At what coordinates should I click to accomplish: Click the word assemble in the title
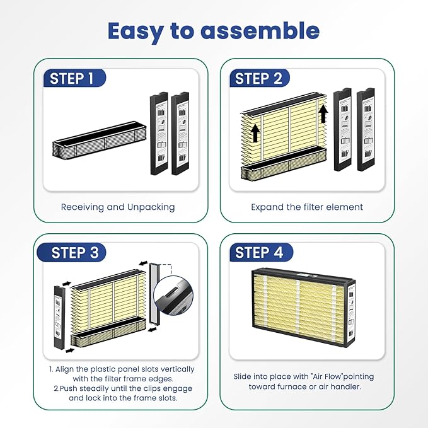click(260, 30)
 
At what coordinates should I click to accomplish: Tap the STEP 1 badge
click(74, 78)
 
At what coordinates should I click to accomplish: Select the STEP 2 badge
click(259, 78)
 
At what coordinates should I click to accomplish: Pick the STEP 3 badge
click(71, 253)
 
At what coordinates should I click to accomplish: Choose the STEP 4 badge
click(261, 253)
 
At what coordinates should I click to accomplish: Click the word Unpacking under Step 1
click(151, 207)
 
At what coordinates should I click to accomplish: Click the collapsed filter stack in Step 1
click(100, 140)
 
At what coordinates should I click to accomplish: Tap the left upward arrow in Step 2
click(255, 133)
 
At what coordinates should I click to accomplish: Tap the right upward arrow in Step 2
click(323, 113)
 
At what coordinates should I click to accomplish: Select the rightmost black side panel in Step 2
click(366, 129)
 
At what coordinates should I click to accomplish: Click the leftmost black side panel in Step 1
click(159, 134)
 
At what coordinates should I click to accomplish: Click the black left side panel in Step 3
click(59, 317)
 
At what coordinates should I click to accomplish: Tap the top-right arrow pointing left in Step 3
click(143, 263)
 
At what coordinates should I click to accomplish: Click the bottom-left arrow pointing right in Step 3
click(70, 350)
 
